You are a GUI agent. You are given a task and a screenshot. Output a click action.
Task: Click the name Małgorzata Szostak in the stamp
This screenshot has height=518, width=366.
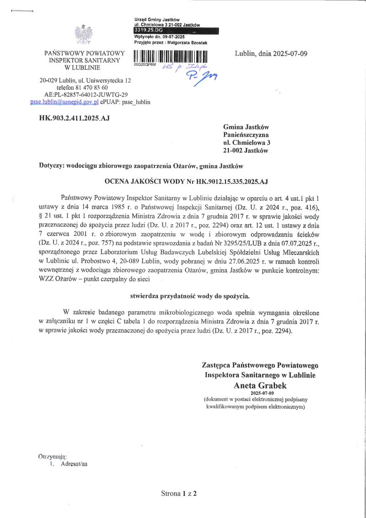click(188, 43)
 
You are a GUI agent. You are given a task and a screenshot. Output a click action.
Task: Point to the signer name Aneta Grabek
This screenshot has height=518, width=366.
click(260, 385)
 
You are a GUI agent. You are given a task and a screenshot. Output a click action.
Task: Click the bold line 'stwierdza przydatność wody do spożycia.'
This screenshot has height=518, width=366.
click(190, 296)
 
